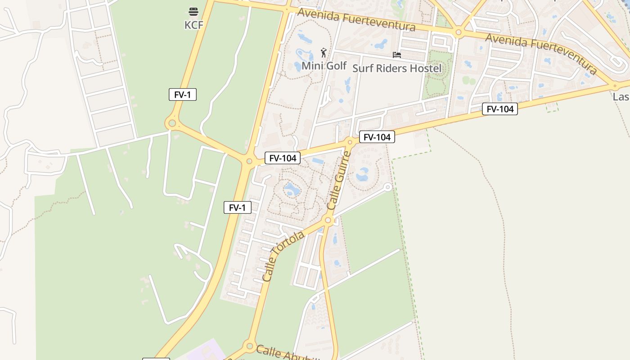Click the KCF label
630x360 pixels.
coord(193,25)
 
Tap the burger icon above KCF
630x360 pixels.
coord(193,11)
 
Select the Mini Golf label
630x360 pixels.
coord(324,66)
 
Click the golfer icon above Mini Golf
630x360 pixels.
coord(323,53)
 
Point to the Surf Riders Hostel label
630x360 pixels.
coord(396,68)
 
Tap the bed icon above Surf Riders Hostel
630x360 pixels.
coord(396,55)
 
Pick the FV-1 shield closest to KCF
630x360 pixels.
coord(182,94)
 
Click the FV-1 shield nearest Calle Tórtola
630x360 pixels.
coord(237,207)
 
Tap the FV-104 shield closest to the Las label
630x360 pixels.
coord(499,109)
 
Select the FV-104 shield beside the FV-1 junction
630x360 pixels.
coord(282,158)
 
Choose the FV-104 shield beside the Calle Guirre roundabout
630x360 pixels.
coord(377,137)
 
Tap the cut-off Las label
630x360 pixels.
coord(621,97)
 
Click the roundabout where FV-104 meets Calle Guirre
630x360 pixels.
coord(350,142)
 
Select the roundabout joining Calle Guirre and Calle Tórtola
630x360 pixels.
coord(328,220)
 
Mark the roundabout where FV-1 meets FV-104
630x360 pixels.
coord(249,161)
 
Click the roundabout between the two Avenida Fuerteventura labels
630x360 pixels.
coord(458,32)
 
